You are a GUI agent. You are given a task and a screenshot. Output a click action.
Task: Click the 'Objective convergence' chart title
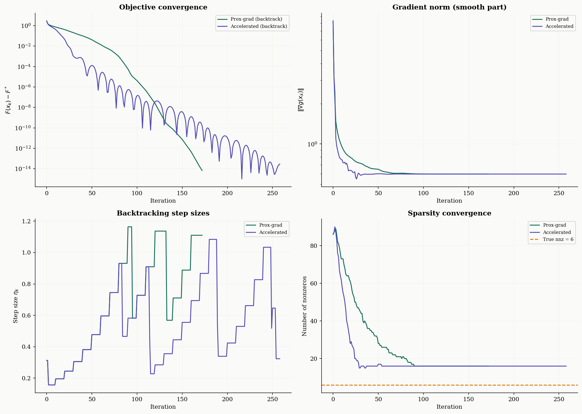tap(163, 7)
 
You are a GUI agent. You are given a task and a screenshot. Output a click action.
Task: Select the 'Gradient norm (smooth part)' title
tap(449, 7)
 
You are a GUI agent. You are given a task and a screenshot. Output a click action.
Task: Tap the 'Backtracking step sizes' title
tap(163, 213)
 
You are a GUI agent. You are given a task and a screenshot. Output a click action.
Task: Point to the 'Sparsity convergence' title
tap(449, 213)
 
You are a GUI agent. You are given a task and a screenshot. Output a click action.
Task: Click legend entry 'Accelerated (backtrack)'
tap(258, 26)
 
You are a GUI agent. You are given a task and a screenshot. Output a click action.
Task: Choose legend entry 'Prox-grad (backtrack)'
tap(256, 19)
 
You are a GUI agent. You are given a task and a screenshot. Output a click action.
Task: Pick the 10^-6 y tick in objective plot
tap(24, 87)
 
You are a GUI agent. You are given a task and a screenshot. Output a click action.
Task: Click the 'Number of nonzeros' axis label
tap(304, 306)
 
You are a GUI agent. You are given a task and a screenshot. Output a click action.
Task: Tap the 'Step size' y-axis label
tap(16, 306)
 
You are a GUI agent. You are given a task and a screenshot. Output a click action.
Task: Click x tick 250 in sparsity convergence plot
tap(559, 399)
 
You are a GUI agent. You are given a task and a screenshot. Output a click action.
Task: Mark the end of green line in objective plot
tap(202, 170)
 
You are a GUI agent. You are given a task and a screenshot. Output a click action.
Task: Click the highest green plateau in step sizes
tap(130, 227)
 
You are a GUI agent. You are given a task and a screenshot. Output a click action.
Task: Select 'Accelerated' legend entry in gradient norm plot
tap(559, 26)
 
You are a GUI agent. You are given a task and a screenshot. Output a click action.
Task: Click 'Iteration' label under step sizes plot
tap(163, 407)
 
